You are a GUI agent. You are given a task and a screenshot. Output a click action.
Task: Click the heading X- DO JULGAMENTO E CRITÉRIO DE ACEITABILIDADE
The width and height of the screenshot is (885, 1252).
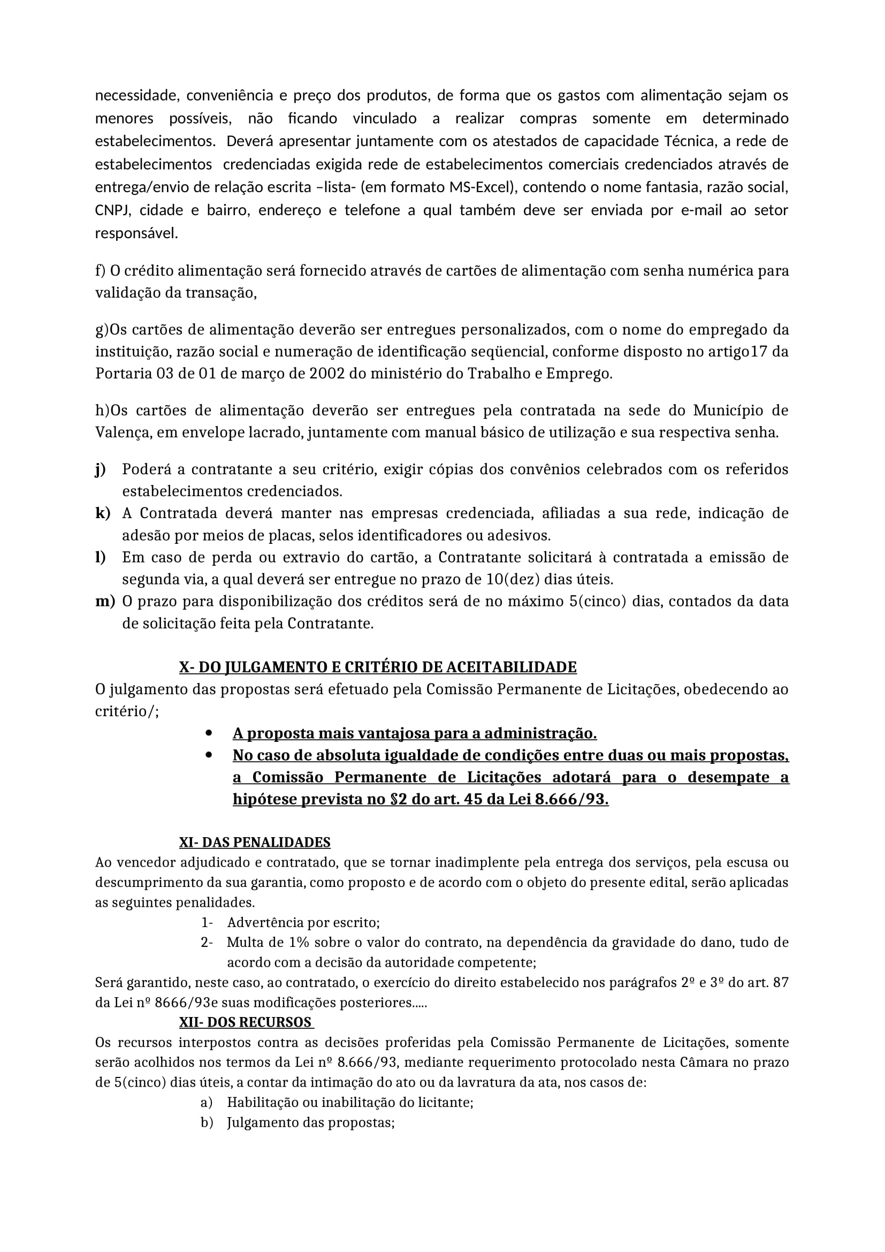tap(378, 667)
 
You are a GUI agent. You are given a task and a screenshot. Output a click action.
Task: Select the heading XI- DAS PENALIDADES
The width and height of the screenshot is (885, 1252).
tap(255, 843)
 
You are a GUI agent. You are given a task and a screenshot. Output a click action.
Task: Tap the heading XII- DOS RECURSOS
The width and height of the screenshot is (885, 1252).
tap(245, 1022)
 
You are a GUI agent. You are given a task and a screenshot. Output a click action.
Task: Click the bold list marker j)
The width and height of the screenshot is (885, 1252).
tap(100, 469)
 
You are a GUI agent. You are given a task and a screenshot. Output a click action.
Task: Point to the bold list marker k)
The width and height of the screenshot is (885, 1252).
tap(102, 513)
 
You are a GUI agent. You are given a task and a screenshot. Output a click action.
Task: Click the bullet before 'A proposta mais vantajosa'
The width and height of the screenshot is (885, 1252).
tap(209, 733)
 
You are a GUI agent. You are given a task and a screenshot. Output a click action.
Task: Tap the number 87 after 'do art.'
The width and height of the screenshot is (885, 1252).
tap(780, 982)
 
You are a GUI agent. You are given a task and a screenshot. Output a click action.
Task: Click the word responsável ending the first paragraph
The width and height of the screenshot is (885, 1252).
tap(137, 233)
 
